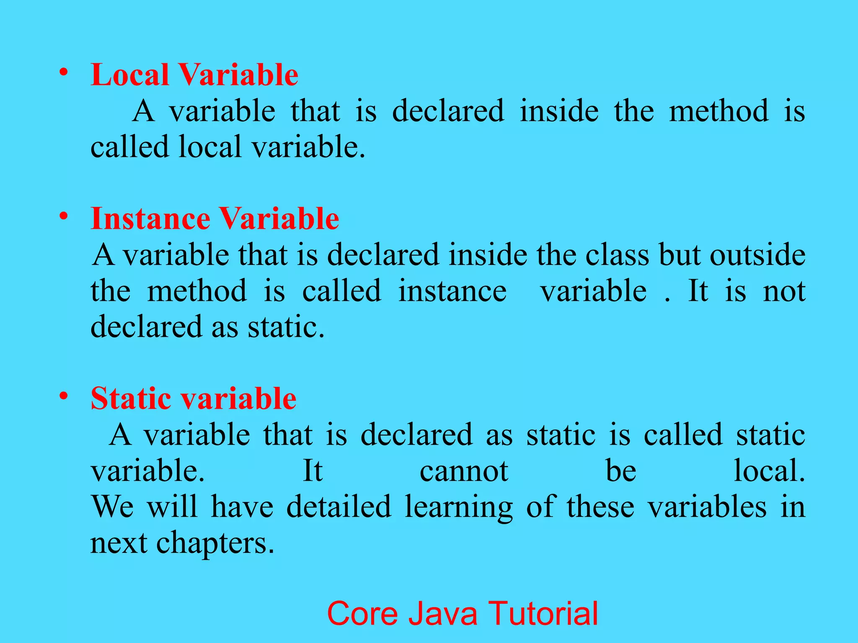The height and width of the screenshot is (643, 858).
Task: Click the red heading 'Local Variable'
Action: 194,75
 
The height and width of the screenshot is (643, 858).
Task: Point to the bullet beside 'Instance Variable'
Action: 64,216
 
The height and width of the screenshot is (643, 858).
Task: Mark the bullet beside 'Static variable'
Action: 64,396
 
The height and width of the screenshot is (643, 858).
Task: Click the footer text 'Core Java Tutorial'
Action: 463,613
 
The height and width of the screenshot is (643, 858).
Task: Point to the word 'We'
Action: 112,507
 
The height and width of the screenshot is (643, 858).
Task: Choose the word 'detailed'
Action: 339,507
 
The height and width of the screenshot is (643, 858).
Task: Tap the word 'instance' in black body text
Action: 452,291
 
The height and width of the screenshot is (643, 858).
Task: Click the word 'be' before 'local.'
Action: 621,471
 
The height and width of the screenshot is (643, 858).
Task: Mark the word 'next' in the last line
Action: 119,543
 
